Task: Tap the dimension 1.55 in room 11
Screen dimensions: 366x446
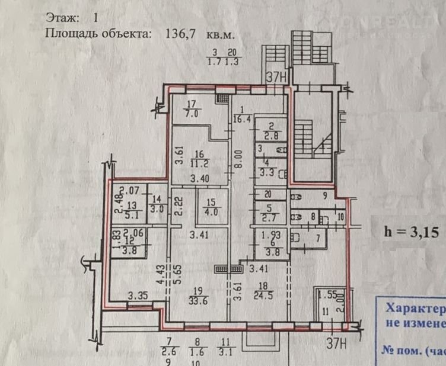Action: pos(327,294)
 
